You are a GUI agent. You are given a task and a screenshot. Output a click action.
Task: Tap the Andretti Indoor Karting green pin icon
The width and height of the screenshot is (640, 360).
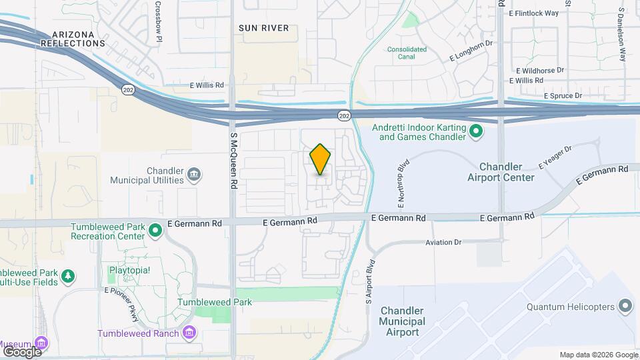click(x=476, y=131)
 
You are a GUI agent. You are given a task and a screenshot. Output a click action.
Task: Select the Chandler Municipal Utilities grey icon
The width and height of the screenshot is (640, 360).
click(x=193, y=175)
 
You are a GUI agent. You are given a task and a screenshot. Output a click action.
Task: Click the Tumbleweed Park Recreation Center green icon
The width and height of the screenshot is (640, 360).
click(x=155, y=231)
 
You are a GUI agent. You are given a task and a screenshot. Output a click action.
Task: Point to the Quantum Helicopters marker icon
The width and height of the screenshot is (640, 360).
click(x=625, y=307)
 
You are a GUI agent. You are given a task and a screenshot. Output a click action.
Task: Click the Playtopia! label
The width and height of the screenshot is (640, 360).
click(x=131, y=271)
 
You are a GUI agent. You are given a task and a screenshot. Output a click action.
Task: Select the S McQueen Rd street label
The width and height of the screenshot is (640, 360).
click(x=234, y=153)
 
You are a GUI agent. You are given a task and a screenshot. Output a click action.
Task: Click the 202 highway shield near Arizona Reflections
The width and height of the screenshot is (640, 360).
click(x=127, y=89)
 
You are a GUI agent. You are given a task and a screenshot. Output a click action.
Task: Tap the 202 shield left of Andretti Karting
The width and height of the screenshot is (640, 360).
click(x=344, y=116)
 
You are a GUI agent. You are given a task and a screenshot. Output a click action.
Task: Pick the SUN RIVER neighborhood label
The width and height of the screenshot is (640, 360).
click(x=264, y=28)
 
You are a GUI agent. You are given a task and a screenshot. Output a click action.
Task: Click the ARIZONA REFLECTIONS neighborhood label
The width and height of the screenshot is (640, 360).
click(x=73, y=39)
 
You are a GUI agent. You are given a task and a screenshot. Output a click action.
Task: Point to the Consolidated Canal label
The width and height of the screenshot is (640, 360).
click(x=407, y=53)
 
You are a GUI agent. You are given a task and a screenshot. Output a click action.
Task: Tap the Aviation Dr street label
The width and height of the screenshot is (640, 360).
click(x=444, y=243)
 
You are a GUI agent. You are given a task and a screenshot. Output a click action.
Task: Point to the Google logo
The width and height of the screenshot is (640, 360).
click(x=22, y=351)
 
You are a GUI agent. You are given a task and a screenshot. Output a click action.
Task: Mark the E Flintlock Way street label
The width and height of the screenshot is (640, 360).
click(x=533, y=13)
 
